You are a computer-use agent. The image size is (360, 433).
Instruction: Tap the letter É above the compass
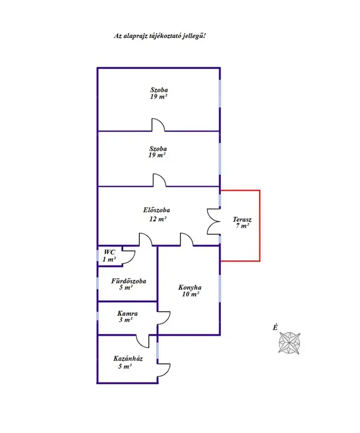pos(275,327)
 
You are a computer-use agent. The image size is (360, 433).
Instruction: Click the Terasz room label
pos(242,220)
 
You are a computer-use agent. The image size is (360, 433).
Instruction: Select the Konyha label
pos(189,287)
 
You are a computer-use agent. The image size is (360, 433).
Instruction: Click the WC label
pos(109,252)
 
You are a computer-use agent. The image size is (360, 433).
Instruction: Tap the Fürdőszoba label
pos(128,280)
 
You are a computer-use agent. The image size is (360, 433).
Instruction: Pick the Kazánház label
pos(128,359)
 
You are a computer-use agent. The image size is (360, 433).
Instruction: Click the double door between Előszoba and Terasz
pos(213,222)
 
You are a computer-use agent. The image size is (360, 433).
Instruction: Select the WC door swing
pos(128,255)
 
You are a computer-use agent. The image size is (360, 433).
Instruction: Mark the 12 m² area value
pos(157,219)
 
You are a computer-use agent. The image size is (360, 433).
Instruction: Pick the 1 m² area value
pos(109,259)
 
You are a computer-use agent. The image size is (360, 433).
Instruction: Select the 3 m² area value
pos(125,320)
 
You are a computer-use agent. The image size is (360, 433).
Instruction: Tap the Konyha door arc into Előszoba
pos(187,240)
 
